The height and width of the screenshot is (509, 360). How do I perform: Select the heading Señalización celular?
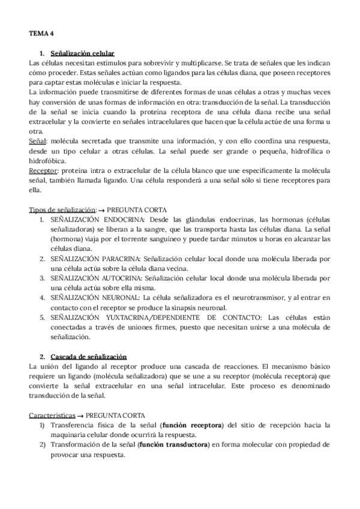[83, 53]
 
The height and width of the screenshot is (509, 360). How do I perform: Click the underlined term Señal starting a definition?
[37, 139]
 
